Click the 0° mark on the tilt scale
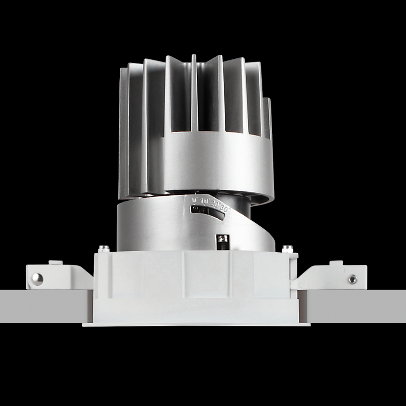[x=194, y=200]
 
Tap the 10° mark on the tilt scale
[x=205, y=201]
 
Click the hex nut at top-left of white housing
[x=104, y=249]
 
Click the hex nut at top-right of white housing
[x=287, y=249]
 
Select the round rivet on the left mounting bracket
[x=37, y=278]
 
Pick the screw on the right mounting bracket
[x=352, y=279]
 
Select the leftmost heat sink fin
[x=123, y=132]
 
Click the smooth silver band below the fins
[x=218, y=162]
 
